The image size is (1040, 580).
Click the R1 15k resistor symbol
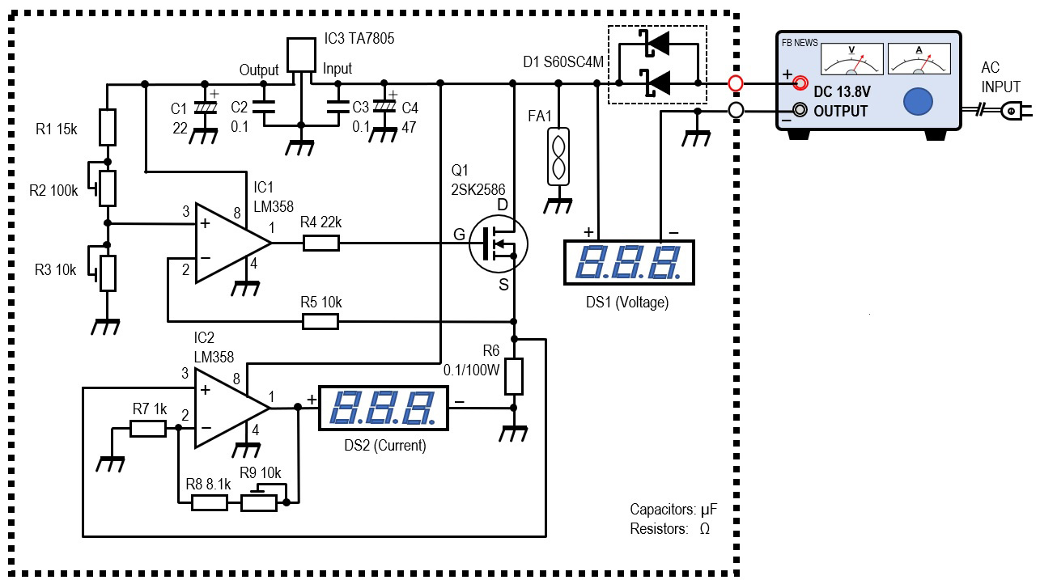tap(108, 127)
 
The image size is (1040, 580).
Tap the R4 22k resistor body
tap(320, 243)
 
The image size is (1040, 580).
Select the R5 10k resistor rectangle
tap(320, 322)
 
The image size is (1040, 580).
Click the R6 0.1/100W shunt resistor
tap(514, 376)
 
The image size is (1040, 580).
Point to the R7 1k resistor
tap(148, 428)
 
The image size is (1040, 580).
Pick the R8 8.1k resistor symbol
tap(210, 502)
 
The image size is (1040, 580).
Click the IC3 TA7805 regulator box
tap(301, 55)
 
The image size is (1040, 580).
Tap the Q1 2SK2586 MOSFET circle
tap(499, 243)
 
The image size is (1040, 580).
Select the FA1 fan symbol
tap(558, 157)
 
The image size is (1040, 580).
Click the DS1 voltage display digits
tap(629, 262)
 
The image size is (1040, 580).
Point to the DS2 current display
tap(384, 409)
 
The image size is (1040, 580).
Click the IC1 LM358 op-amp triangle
tap(233, 243)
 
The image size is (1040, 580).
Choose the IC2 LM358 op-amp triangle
tap(232, 409)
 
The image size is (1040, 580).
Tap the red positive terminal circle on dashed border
tap(736, 83)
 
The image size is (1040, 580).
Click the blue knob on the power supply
tap(918, 101)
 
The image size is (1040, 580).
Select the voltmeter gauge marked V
tap(852, 59)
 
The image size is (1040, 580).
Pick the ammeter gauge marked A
tap(919, 58)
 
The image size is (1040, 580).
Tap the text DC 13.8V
tap(842, 92)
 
